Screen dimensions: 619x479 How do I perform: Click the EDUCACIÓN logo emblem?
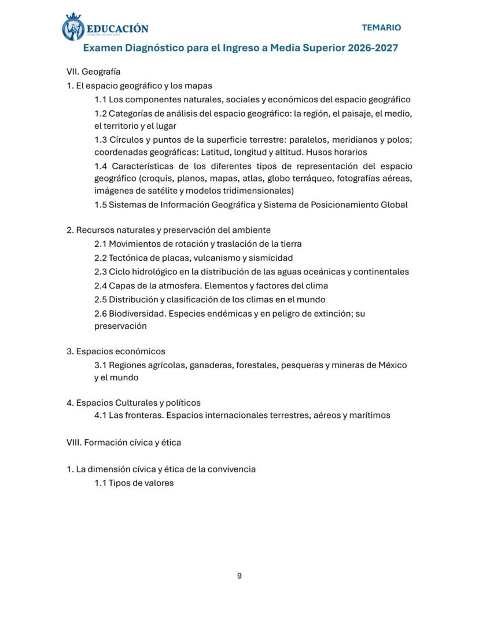(x=73, y=27)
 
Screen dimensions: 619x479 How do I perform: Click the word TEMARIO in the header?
(x=381, y=27)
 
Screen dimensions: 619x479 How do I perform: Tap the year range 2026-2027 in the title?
(x=373, y=48)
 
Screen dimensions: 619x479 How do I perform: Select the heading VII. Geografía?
(x=94, y=72)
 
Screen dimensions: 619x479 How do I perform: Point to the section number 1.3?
(x=101, y=140)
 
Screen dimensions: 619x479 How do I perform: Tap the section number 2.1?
(x=101, y=244)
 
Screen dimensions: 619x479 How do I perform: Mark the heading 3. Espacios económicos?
(x=116, y=351)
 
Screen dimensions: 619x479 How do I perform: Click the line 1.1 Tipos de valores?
(x=134, y=483)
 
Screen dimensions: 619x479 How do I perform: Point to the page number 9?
(x=239, y=576)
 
